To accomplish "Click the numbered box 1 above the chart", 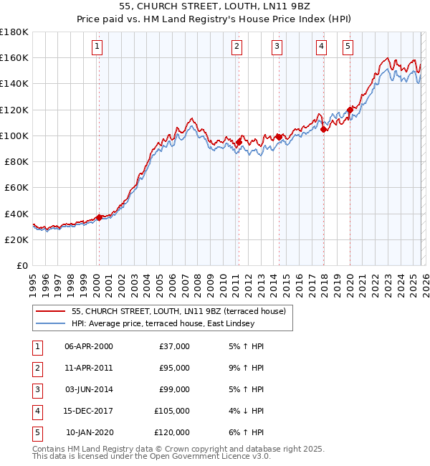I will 97,47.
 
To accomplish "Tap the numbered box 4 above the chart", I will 321,47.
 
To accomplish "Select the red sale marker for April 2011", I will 239,141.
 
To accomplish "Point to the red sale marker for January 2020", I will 350,110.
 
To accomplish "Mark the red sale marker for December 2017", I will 324,129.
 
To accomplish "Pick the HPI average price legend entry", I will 163,323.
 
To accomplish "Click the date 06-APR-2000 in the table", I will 88,346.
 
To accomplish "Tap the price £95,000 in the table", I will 174,368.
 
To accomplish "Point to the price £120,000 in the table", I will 172,432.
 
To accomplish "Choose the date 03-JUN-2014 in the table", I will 88,389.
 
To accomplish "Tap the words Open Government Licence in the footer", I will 201,457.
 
